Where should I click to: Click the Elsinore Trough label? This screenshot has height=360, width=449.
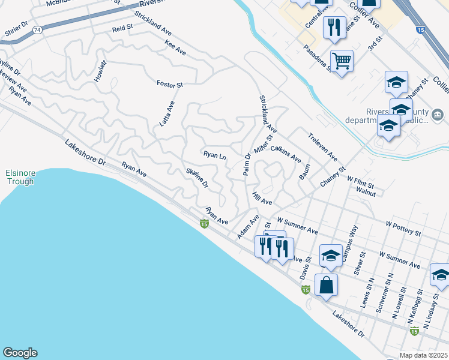[x=21, y=178]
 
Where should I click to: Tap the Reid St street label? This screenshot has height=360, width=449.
[x=122, y=28]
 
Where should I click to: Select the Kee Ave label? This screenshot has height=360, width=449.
[x=175, y=48]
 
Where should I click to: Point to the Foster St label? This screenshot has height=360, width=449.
[x=169, y=85]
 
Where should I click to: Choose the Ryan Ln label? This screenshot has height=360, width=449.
[x=214, y=155]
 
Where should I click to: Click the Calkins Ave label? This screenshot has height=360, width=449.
[x=285, y=154]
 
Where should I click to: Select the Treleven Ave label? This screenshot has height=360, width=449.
[x=323, y=147]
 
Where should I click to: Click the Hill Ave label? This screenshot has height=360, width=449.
[x=262, y=198]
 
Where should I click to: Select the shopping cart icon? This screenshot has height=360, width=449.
[x=342, y=61]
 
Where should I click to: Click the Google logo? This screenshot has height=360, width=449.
[x=20, y=353]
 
